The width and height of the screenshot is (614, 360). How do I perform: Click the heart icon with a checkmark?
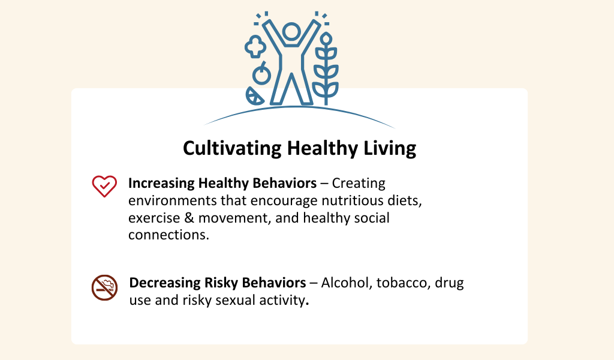click(x=104, y=186)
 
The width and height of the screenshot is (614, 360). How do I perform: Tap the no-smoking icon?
click(x=104, y=287)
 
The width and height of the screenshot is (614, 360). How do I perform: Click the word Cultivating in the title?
click(x=232, y=148)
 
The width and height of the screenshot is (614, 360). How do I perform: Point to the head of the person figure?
click(x=291, y=32)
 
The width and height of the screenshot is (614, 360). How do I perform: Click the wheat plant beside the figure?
click(x=326, y=68)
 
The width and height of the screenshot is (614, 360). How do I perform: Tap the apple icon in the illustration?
click(x=261, y=73)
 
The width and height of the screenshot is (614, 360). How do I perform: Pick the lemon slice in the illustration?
click(x=254, y=96)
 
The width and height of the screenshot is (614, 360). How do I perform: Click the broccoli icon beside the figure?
click(x=255, y=47)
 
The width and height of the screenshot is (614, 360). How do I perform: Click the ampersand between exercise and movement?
click(x=189, y=218)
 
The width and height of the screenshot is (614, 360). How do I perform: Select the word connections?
click(x=168, y=235)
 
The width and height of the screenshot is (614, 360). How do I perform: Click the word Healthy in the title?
click(x=322, y=148)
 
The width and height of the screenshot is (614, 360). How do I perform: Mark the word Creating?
click(x=359, y=184)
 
